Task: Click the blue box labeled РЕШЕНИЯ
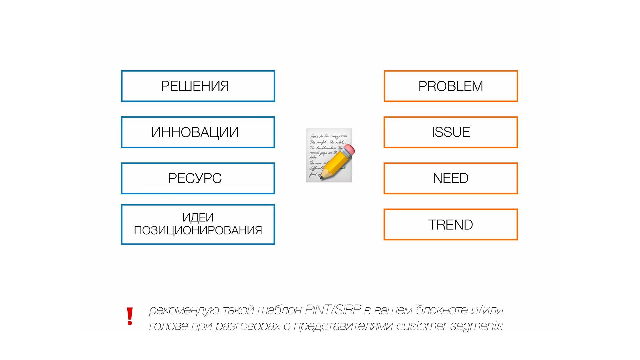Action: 198,86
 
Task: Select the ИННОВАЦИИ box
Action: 198,132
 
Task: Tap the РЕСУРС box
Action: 198,178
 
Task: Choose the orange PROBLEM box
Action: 450,86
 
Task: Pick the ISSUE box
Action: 450,132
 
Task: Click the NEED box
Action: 450,178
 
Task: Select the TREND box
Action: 450,225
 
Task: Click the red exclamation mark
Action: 130,316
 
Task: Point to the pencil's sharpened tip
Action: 322,178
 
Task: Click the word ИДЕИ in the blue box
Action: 198,218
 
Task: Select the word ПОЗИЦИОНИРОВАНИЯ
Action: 198,230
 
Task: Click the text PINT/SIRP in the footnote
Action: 333,310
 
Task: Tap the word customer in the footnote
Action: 421,326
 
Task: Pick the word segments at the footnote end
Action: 476,326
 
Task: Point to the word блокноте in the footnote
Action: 442,310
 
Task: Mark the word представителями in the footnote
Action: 343,326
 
